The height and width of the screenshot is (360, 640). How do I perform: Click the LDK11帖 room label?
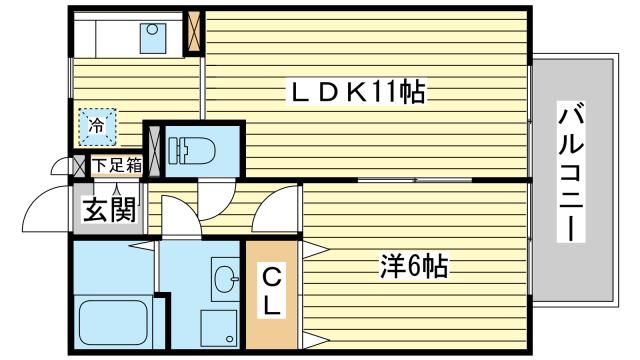357,95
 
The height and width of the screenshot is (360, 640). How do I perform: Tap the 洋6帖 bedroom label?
412,267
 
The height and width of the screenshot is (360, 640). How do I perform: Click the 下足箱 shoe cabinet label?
117,166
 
